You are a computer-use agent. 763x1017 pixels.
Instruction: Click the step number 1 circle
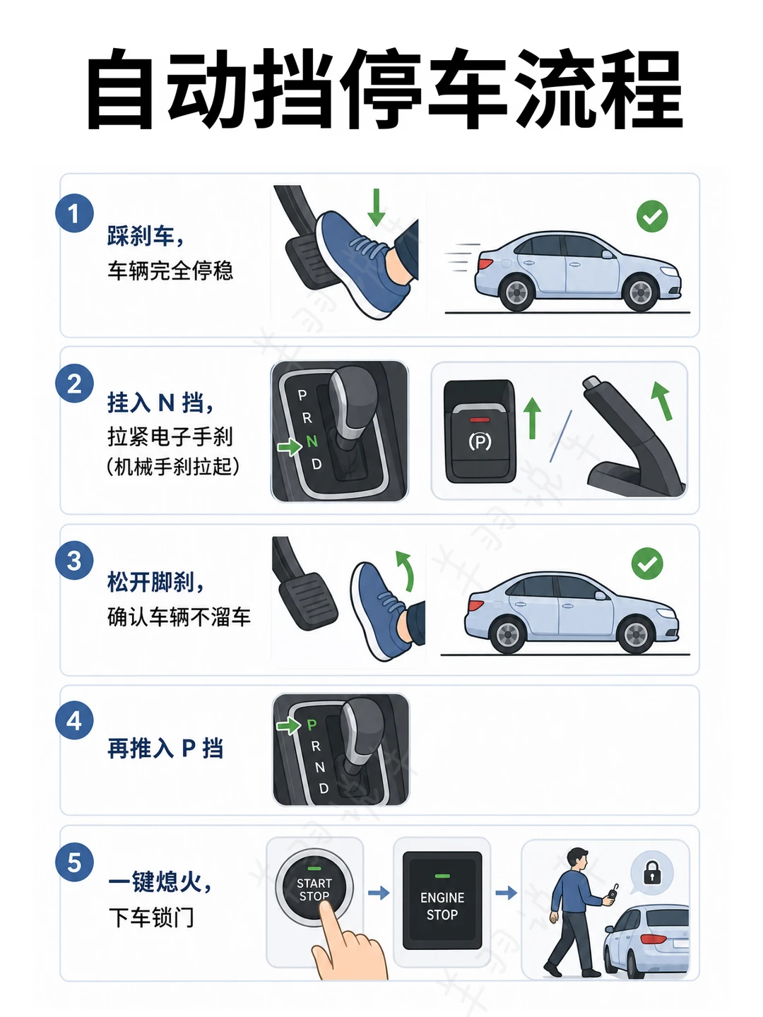click(x=75, y=213)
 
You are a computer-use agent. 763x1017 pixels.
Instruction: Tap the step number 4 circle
click(x=75, y=720)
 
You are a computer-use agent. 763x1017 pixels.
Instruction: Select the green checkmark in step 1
click(x=652, y=216)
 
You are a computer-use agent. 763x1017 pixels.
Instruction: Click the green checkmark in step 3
click(x=647, y=563)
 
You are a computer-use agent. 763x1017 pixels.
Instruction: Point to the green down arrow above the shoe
click(x=376, y=207)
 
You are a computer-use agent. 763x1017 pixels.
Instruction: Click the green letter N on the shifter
click(x=312, y=441)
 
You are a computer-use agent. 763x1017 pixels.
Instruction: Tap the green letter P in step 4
click(x=312, y=725)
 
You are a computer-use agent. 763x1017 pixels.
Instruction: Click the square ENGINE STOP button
click(x=442, y=900)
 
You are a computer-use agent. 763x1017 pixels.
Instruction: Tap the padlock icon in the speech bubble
click(x=651, y=872)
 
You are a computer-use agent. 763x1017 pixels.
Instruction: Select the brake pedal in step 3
click(x=307, y=600)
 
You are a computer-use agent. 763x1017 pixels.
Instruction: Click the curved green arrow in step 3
click(x=405, y=571)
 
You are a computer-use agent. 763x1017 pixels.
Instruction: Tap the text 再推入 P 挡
click(x=165, y=748)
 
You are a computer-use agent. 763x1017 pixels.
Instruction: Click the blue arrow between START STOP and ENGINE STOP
click(x=379, y=893)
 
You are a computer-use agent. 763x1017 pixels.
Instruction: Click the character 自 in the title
click(x=119, y=88)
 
